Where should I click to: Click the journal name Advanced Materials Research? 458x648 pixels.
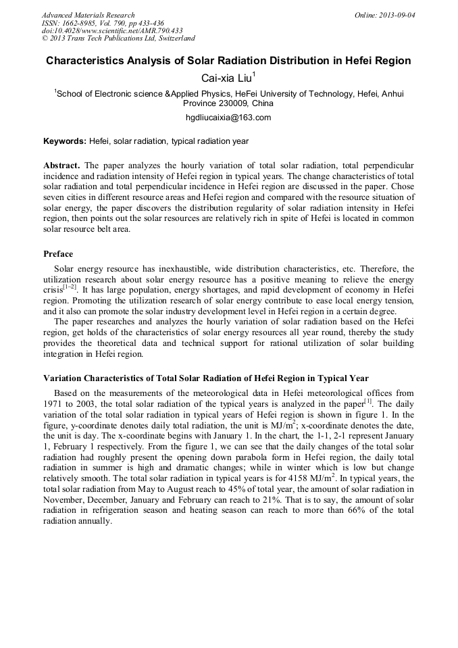click(x=88, y=15)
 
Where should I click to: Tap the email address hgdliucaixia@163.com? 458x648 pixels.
click(x=228, y=118)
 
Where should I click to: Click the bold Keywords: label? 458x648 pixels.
click(x=65, y=141)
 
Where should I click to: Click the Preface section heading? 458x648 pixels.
click(x=58, y=254)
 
